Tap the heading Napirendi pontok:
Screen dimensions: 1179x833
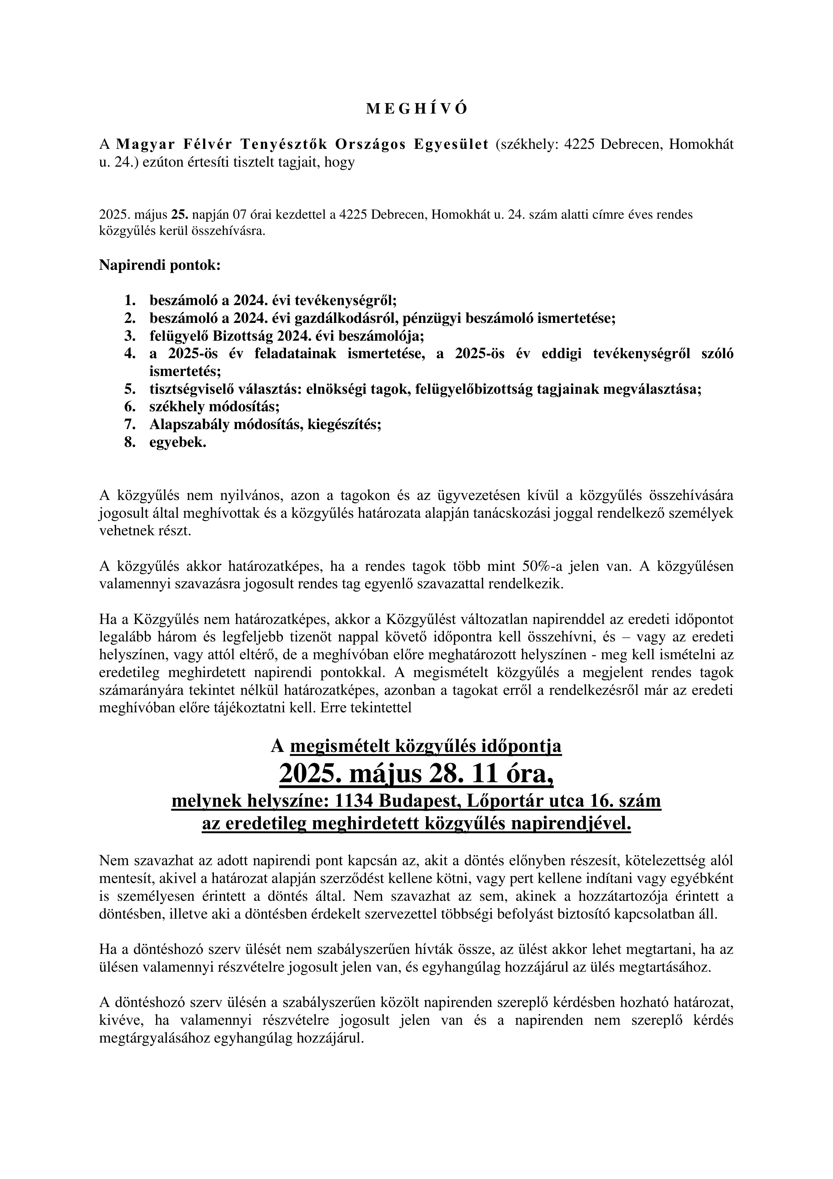point(159,265)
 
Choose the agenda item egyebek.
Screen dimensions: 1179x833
point(178,443)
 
